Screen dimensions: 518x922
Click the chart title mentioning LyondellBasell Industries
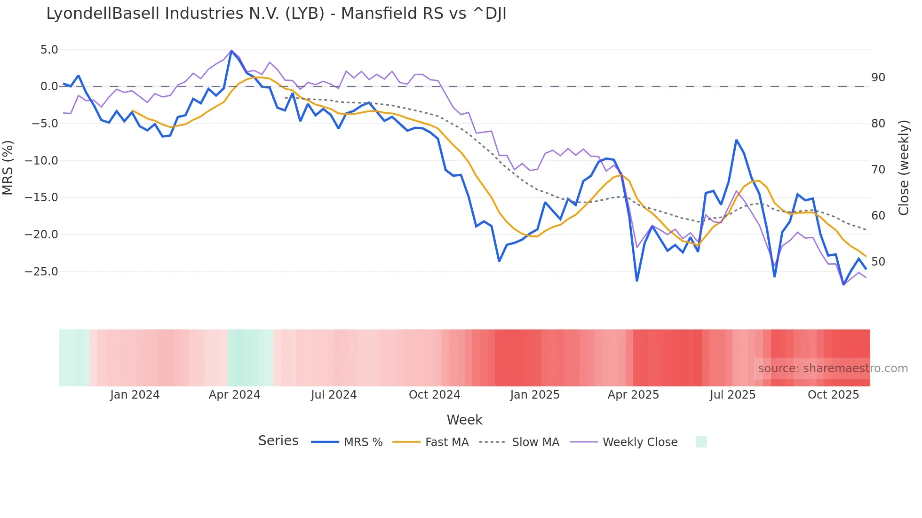click(276, 14)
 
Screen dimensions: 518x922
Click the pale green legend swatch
click(701, 442)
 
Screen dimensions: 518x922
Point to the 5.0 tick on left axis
click(49, 50)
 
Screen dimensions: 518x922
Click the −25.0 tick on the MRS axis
click(41, 272)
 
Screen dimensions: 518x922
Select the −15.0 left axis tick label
click(41, 197)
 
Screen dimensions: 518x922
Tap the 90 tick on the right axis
click(878, 78)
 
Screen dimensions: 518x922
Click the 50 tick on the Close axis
click(878, 262)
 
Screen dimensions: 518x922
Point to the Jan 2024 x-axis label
click(135, 395)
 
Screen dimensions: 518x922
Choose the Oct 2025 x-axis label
click(833, 395)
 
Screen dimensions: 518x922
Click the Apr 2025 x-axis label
click(633, 395)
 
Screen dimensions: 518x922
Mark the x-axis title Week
click(464, 420)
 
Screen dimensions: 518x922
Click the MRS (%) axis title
click(8, 167)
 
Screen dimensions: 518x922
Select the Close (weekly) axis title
click(903, 168)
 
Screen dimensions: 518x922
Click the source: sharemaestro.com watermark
click(833, 369)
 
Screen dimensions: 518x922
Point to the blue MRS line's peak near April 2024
click(231, 51)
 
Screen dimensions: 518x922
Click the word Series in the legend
click(278, 441)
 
